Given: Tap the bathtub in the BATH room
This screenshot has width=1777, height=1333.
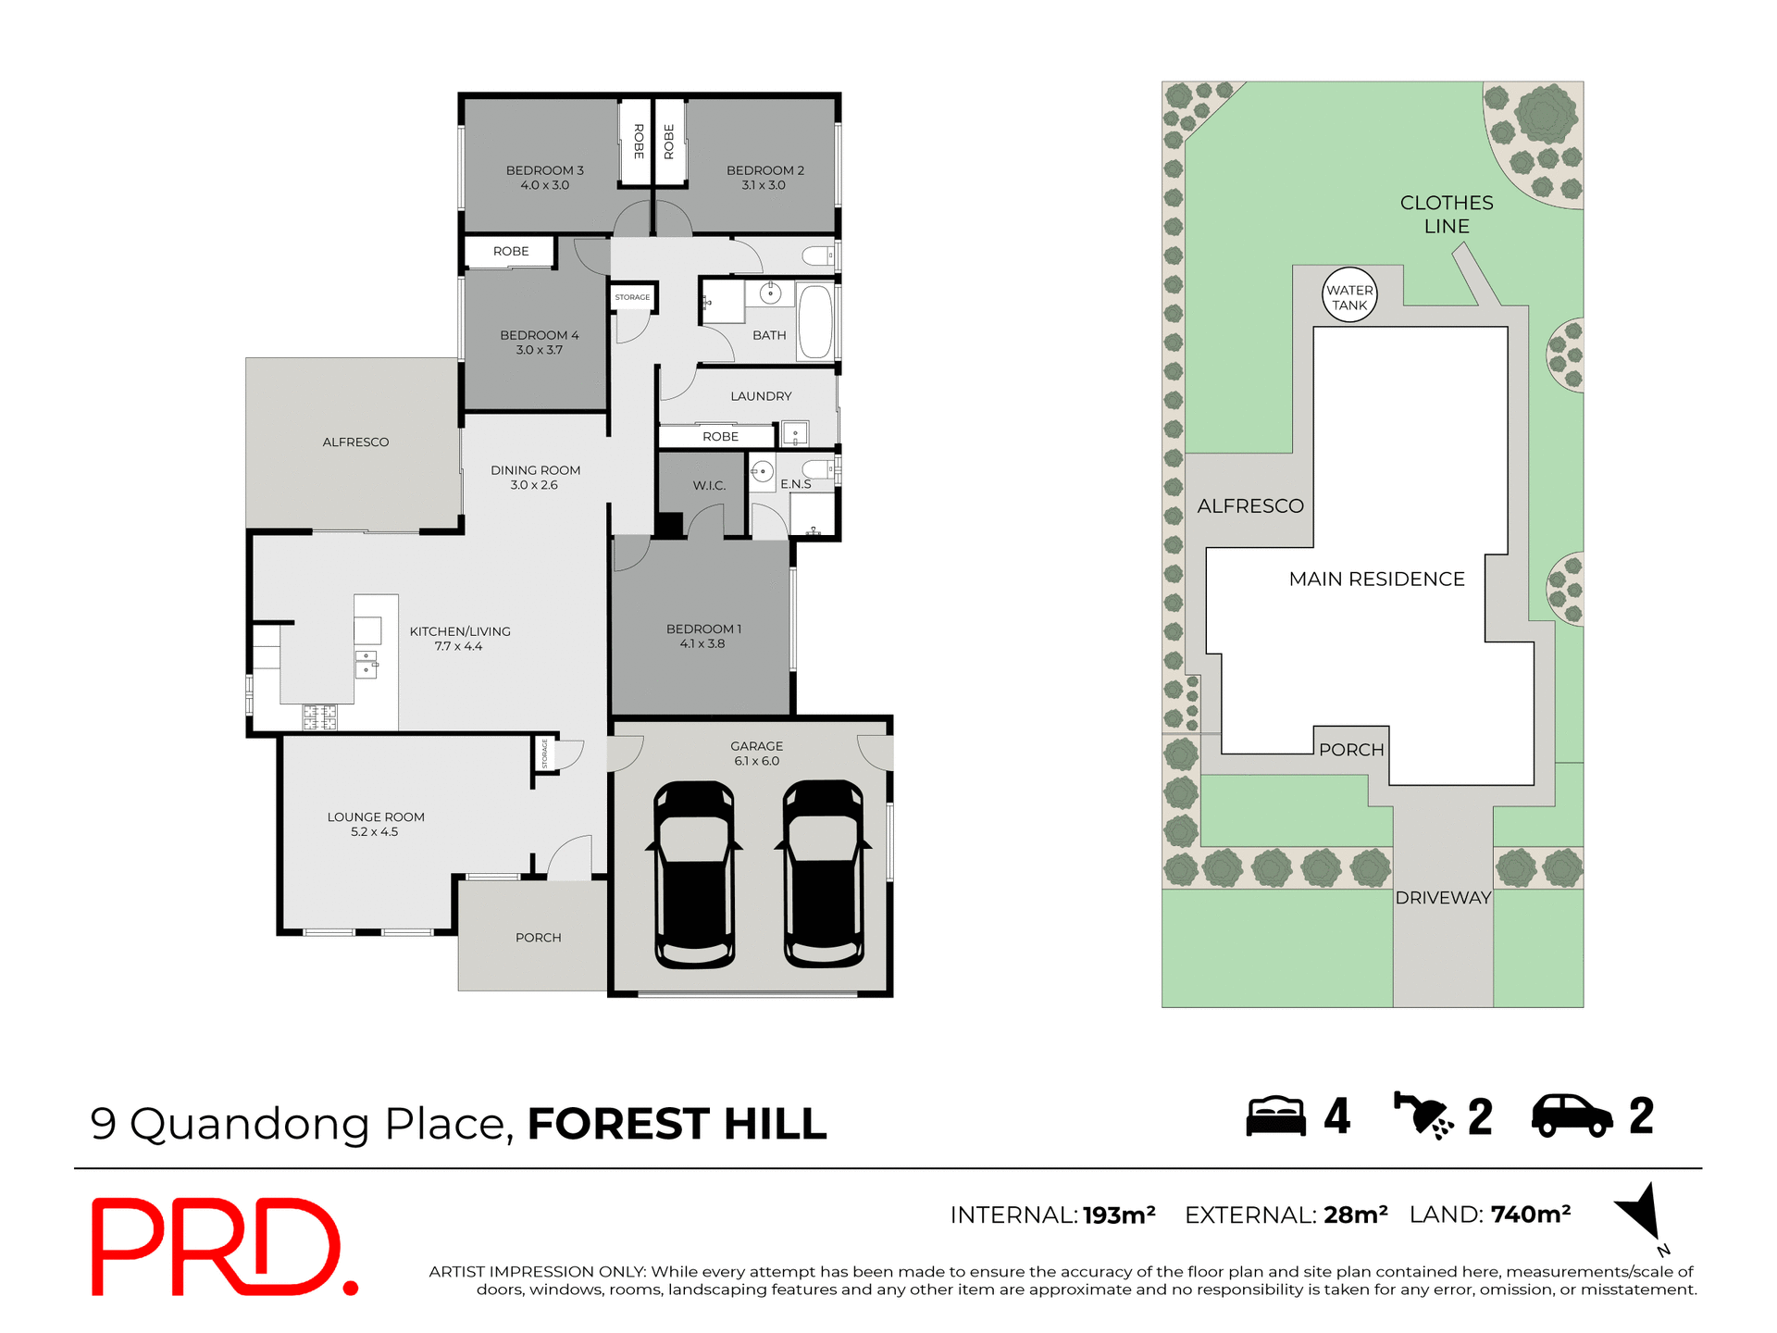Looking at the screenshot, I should (814, 322).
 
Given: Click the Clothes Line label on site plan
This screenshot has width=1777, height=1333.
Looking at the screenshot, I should (1447, 214).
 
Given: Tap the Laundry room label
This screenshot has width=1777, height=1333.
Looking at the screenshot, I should (761, 396).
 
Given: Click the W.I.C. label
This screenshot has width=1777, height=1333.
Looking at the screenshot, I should (709, 485).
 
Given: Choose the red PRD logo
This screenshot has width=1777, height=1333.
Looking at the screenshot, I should (222, 1247).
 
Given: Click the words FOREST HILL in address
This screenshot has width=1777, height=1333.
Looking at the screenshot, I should (677, 1124).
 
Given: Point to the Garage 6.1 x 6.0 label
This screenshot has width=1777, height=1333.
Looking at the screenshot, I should (756, 754).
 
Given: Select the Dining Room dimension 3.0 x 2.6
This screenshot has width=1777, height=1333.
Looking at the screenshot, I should (534, 485).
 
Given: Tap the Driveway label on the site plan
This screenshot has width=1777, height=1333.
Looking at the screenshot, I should (1443, 898).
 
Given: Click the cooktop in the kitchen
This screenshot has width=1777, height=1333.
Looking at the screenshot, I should (320, 716).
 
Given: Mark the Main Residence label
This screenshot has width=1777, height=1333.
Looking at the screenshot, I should (1376, 579).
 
